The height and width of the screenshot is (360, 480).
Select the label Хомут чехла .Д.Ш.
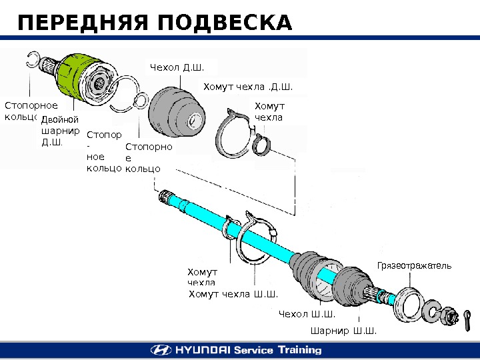click(247, 87)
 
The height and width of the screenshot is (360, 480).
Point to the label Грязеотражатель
click(414, 265)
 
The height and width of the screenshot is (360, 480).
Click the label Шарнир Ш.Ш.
click(343, 330)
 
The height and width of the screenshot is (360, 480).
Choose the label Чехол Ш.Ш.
click(307, 314)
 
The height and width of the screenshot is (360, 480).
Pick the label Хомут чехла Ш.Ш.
click(233, 294)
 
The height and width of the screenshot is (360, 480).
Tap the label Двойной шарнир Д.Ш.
click(60, 130)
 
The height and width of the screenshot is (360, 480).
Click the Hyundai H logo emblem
click(160, 350)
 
